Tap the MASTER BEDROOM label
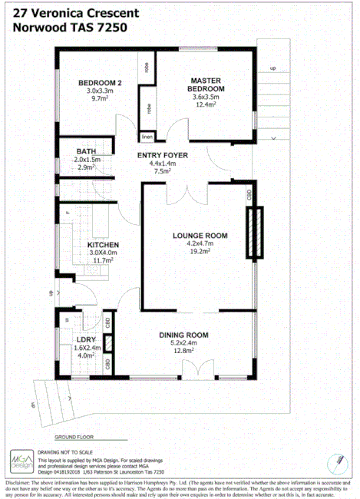[x=206, y=84]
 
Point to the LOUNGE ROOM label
[x=200, y=235]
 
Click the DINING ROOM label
[x=183, y=335]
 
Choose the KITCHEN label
[x=103, y=245]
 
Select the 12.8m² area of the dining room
[x=183, y=352]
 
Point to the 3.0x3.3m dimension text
[x=100, y=91]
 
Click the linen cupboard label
[x=146, y=137]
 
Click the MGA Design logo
[x=20, y=459]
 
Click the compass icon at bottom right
[x=339, y=461]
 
